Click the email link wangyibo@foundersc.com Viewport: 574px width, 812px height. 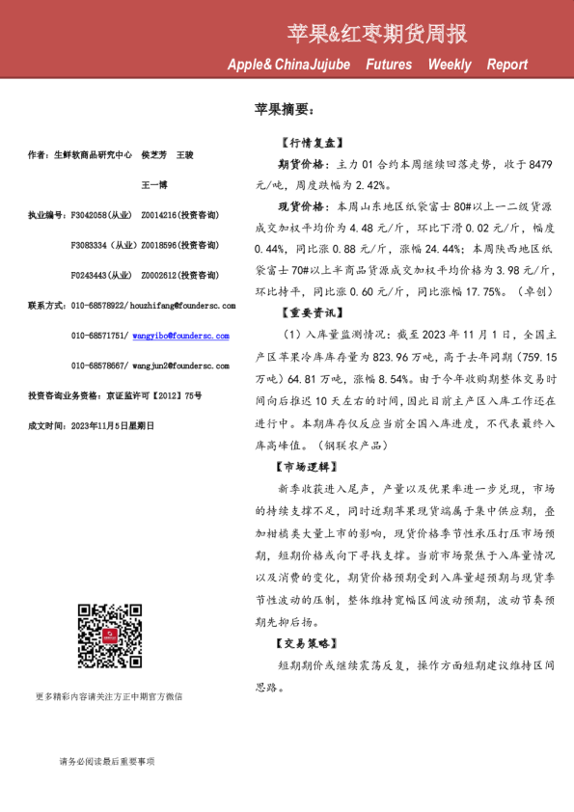[185, 336]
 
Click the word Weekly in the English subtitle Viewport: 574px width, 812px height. [450, 65]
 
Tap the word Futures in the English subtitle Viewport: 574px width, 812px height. [388, 65]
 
